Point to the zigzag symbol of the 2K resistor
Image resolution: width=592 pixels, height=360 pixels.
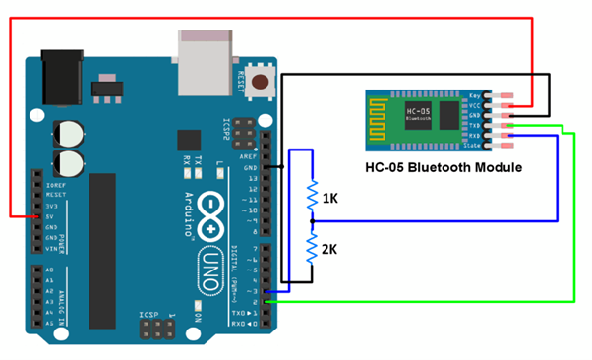tap(312, 248)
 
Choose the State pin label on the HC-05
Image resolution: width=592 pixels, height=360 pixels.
tap(473, 146)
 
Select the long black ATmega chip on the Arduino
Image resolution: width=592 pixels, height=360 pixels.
tap(104, 236)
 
